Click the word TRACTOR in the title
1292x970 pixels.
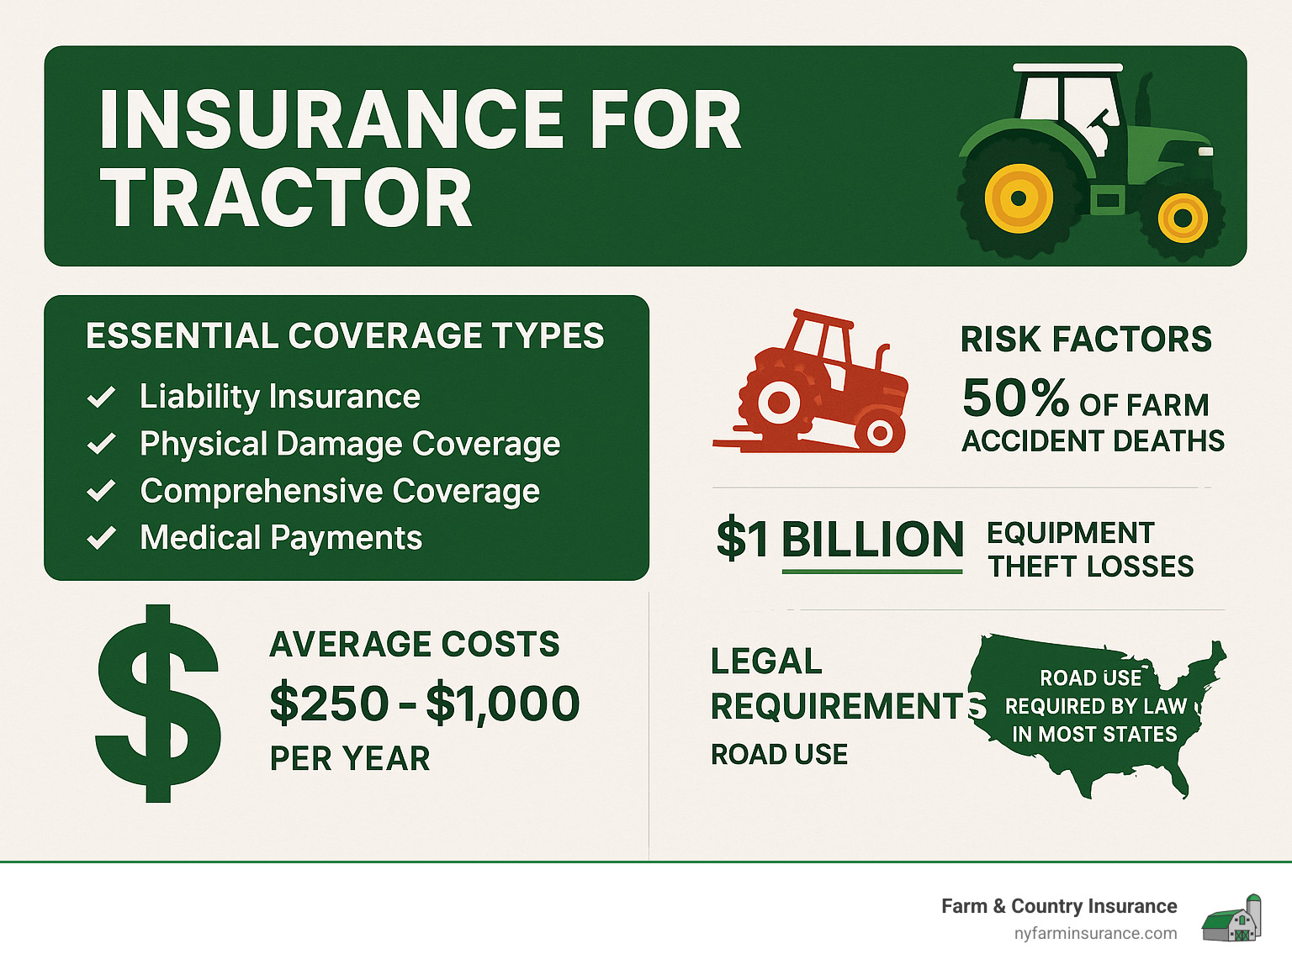286,198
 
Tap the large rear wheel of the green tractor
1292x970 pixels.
1019,199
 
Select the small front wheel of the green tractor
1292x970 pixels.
1183,218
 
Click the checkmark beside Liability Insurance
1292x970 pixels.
102,397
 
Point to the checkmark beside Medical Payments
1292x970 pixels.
102,538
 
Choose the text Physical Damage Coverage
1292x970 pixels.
350,444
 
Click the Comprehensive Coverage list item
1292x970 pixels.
340,491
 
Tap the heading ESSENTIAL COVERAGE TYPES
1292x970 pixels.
345,336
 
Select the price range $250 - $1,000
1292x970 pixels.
425,703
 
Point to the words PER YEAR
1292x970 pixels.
350,758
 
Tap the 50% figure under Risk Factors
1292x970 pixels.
1015,398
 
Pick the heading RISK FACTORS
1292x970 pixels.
1086,340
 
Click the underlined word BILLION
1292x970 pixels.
872,540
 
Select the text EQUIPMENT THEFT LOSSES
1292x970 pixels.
1090,550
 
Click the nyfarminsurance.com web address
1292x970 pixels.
1095,934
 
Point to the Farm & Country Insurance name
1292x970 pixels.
1059,906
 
